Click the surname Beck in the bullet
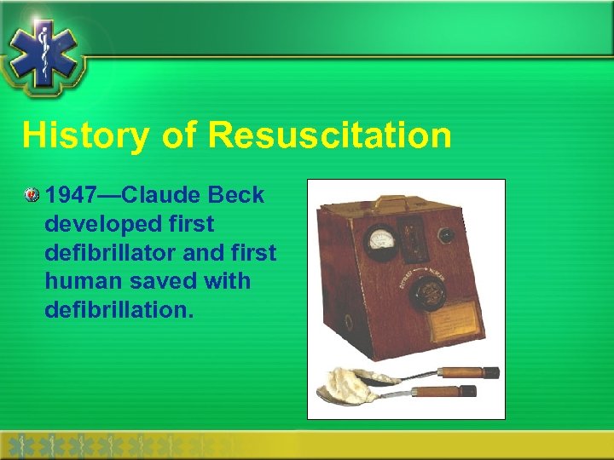pyautogui.click(x=236, y=195)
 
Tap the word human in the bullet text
pyautogui.click(x=82, y=280)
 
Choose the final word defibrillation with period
pyautogui.click(x=119, y=308)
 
